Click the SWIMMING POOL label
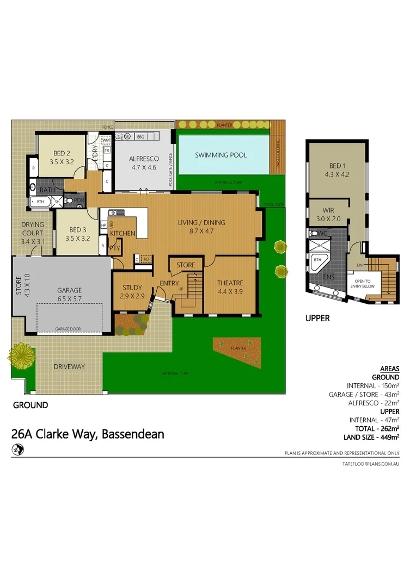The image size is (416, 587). pyautogui.click(x=221, y=155)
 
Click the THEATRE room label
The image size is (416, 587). pyautogui.click(x=230, y=283)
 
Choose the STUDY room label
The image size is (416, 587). pyautogui.click(x=131, y=288)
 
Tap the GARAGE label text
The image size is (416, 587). pyautogui.click(x=69, y=290)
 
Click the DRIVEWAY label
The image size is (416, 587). pyautogui.click(x=69, y=366)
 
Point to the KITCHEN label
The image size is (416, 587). pyautogui.click(x=123, y=233)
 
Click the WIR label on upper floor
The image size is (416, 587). pyautogui.click(x=328, y=210)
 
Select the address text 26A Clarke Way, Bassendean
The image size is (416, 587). pyautogui.click(x=88, y=434)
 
